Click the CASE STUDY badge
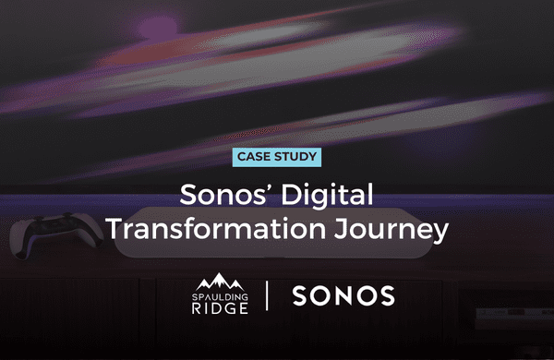click(x=277, y=156)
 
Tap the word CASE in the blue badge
click(x=257, y=156)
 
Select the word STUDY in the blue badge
click(x=295, y=156)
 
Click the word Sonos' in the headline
click(x=215, y=195)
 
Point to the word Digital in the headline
click(x=327, y=195)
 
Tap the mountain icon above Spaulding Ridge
click(x=219, y=280)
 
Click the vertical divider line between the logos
click(x=268, y=296)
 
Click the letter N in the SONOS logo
click(x=343, y=296)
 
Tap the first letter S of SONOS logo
click(x=300, y=296)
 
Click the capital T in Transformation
click(x=116, y=228)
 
